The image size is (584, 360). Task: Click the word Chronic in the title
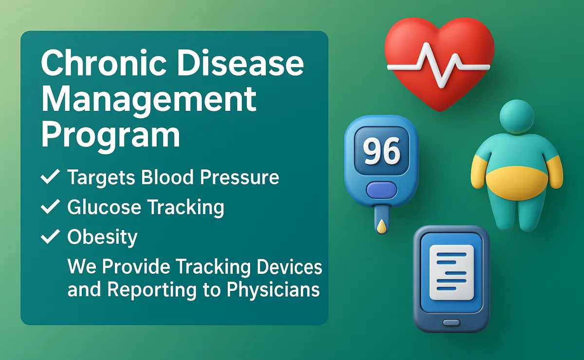click(x=104, y=63)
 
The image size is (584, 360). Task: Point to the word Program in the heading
click(x=110, y=136)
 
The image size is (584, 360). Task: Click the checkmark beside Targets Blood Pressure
click(x=50, y=177)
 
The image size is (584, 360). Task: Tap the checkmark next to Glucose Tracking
click(x=50, y=206)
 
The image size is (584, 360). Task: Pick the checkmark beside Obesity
click(x=50, y=236)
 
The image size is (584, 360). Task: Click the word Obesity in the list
click(x=102, y=237)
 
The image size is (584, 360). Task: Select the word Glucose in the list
click(x=104, y=207)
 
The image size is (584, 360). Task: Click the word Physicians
click(x=273, y=290)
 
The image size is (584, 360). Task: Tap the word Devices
click(x=290, y=267)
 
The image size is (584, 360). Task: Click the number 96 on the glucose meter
click(x=382, y=151)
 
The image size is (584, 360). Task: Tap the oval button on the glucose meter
click(x=382, y=190)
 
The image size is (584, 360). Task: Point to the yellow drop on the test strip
click(x=382, y=226)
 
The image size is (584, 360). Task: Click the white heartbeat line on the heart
click(x=438, y=66)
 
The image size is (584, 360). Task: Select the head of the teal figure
click(x=517, y=117)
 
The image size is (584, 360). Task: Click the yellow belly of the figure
click(x=517, y=183)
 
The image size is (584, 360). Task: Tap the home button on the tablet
click(x=451, y=323)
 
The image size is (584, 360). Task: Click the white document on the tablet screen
click(x=451, y=272)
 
